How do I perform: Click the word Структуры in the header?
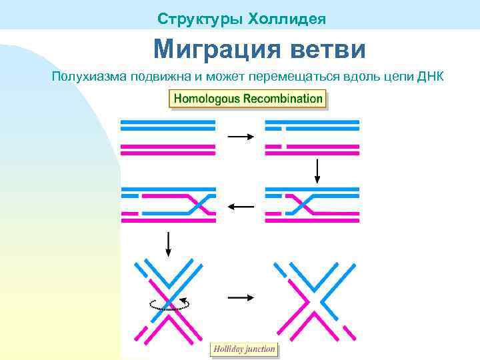point(199,19)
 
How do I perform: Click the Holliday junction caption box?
point(244,349)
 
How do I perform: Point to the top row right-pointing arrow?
point(241,136)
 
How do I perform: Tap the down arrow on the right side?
point(318,171)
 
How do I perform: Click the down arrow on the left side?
point(168,244)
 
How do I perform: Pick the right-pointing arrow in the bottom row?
point(241,297)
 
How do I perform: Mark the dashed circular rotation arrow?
point(169,305)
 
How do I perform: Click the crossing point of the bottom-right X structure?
point(314,298)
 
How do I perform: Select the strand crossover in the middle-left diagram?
point(193,203)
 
